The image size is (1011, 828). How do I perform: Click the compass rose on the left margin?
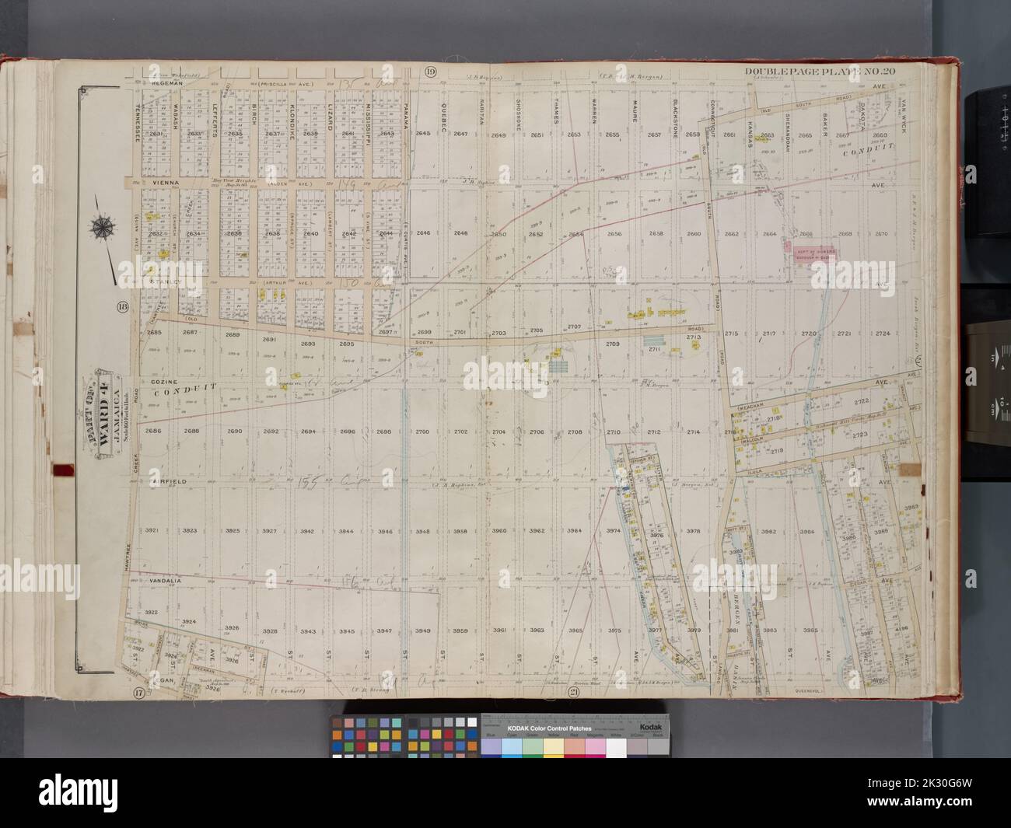tap(101, 228)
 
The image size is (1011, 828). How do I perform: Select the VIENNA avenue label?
tap(165, 183)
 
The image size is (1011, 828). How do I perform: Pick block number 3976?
tap(656, 536)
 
